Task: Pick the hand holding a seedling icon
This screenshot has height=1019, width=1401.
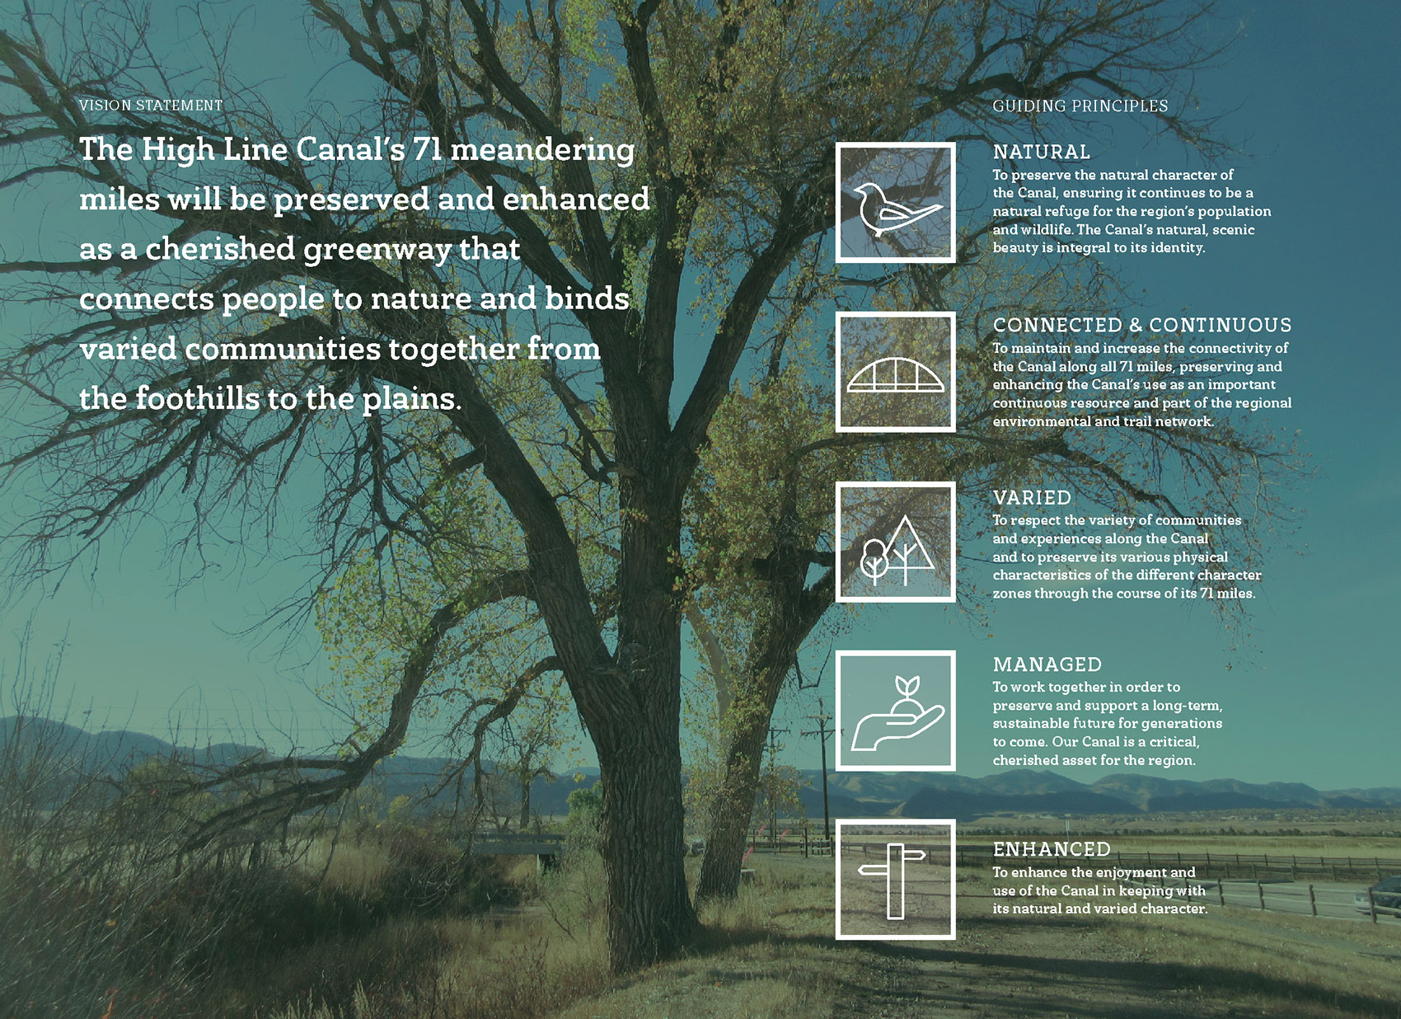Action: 897,713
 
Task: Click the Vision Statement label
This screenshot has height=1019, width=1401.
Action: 151,106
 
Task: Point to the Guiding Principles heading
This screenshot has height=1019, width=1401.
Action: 1080,106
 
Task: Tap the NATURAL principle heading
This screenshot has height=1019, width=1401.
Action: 1042,152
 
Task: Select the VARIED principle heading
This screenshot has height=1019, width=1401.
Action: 1033,498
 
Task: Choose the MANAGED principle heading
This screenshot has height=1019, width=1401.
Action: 1047,664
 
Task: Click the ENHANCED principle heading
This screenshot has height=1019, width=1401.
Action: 1052,849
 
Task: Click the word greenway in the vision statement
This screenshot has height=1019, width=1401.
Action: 377,250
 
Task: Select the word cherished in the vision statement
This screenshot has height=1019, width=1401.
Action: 220,248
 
